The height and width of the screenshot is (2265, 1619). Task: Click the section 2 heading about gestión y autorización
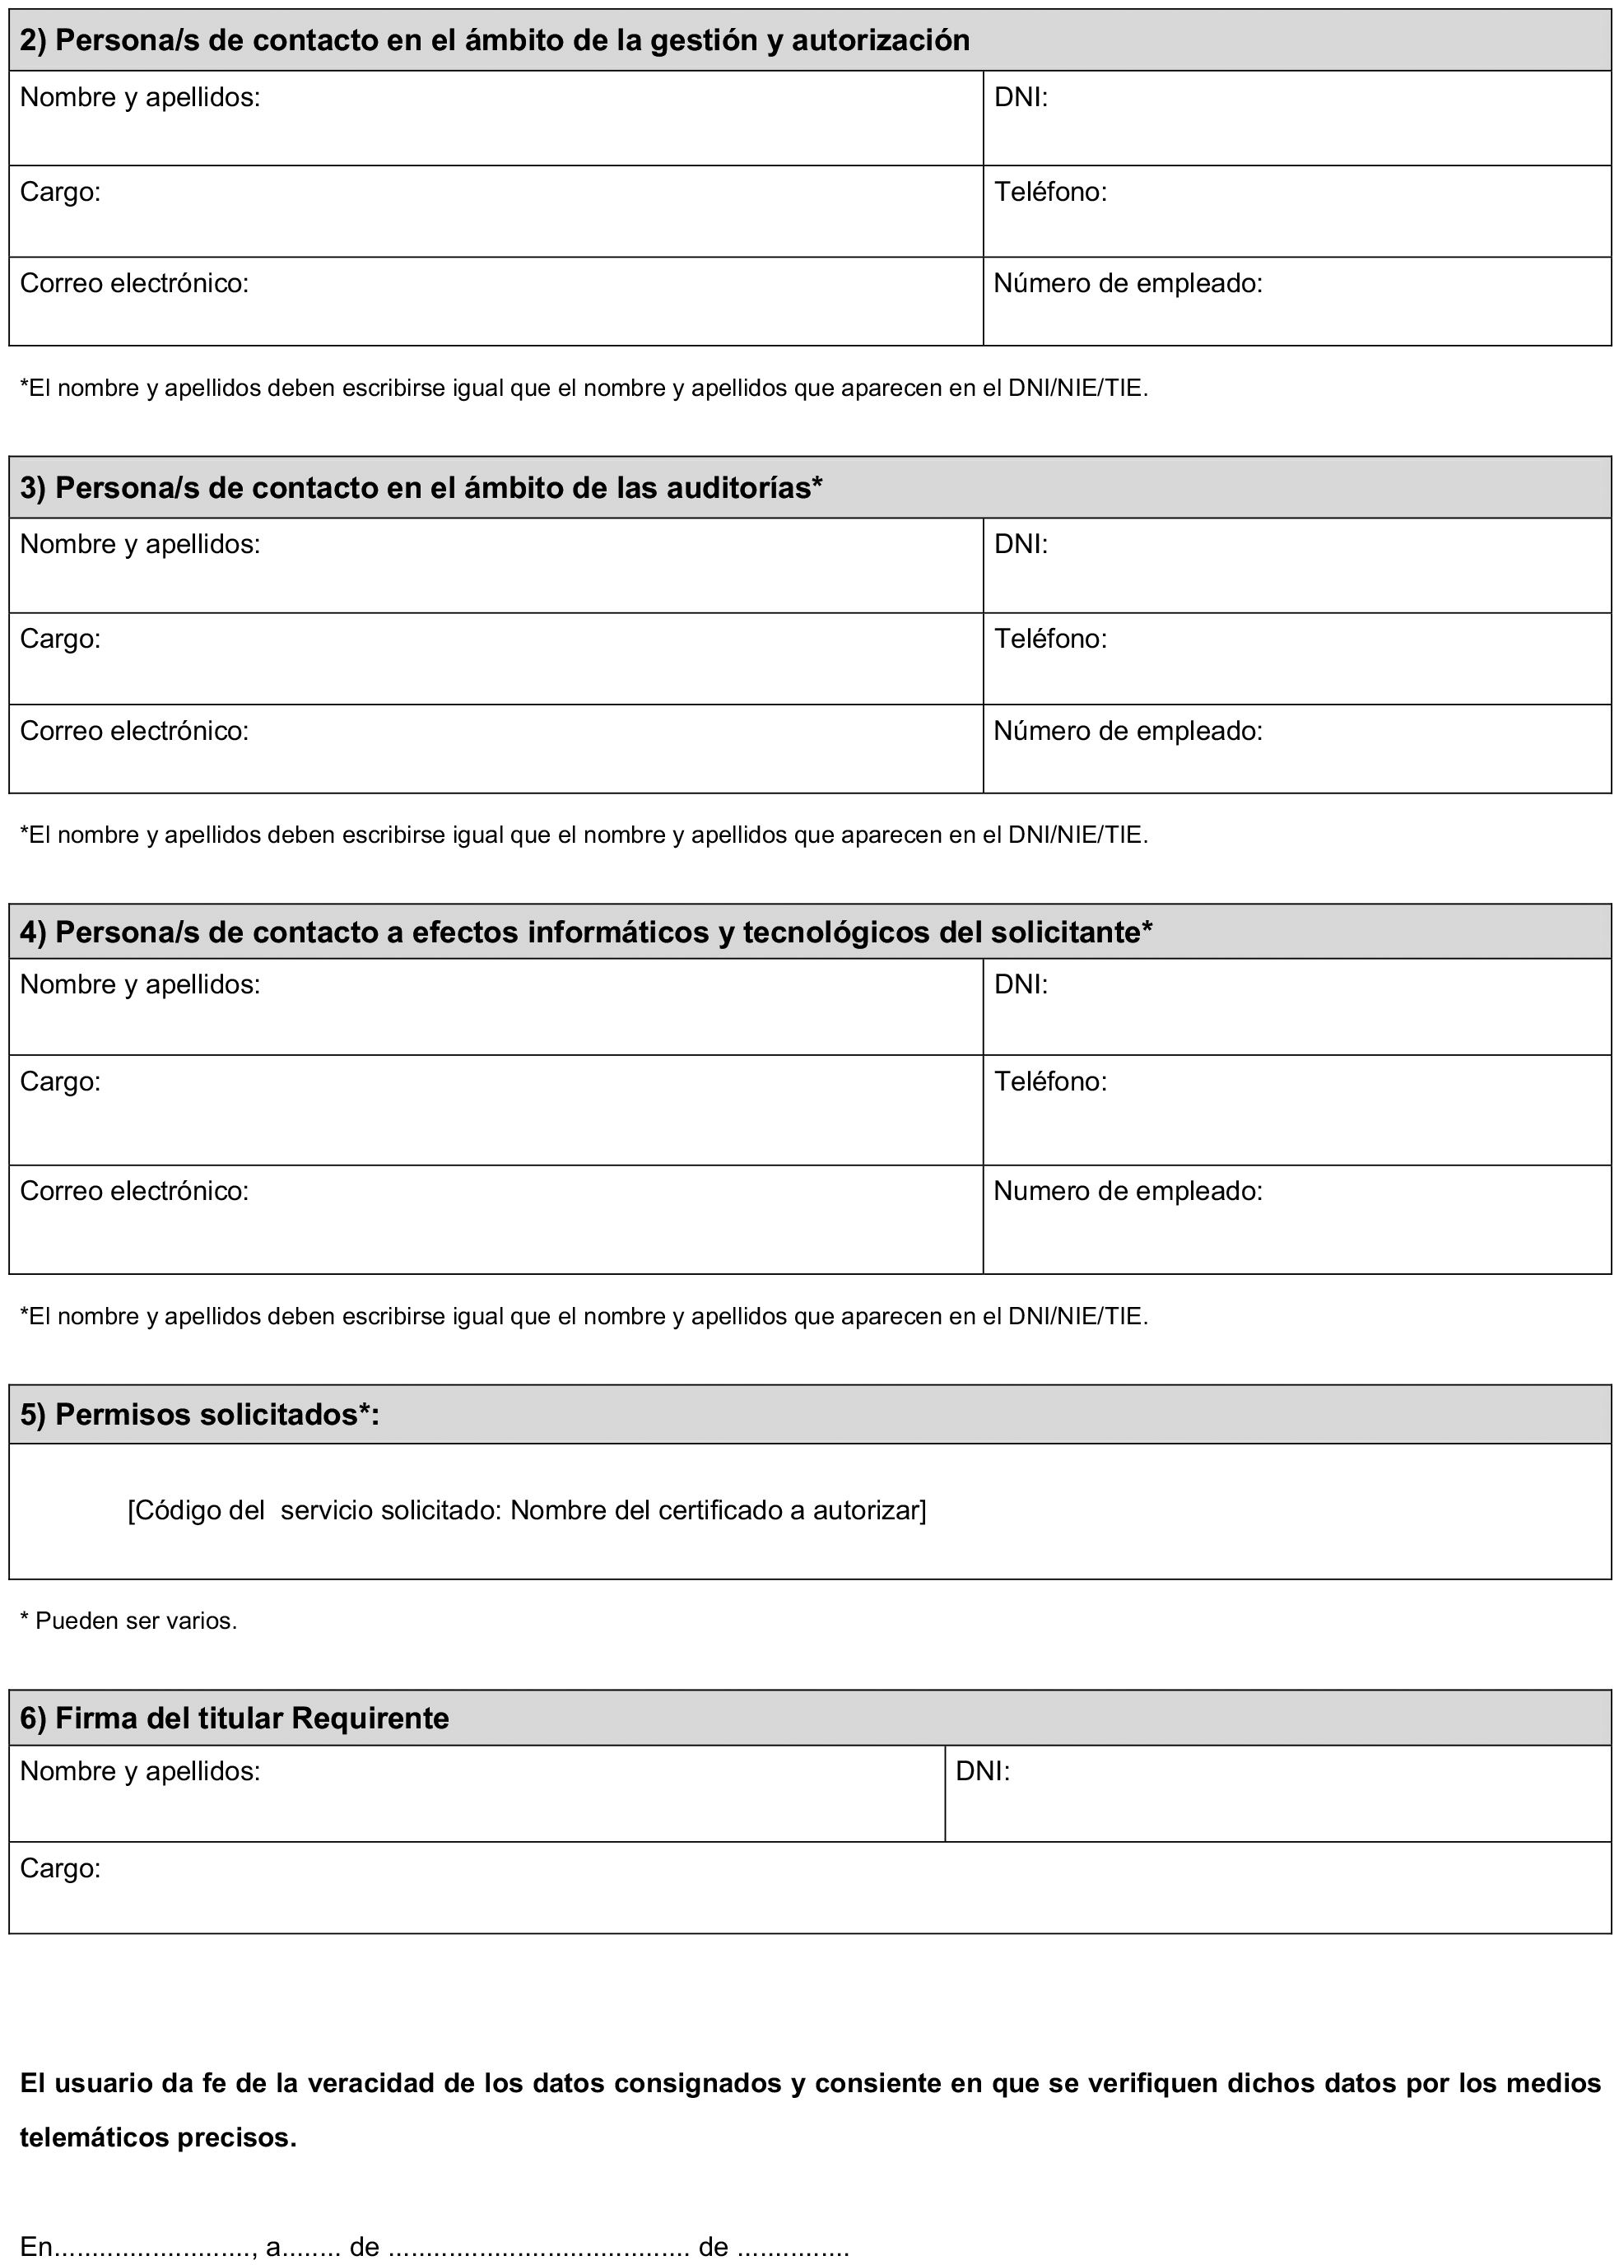[495, 40]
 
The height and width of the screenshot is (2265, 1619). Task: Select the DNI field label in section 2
[1020, 98]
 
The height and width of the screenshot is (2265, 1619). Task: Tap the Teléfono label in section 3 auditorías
[1049, 638]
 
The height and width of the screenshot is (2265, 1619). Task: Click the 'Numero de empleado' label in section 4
[1128, 1190]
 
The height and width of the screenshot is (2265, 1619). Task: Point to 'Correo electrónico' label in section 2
[133, 283]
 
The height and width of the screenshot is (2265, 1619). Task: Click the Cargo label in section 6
[60, 1867]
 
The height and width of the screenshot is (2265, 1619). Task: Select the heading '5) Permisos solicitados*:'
[199, 1414]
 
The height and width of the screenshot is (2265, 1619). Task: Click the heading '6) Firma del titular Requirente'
[235, 1717]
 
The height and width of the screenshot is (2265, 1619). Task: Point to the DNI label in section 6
[982, 1770]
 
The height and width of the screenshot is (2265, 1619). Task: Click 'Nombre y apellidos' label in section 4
[140, 984]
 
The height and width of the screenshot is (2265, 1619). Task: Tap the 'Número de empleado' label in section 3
[1128, 731]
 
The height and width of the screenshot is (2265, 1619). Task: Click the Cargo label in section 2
[60, 192]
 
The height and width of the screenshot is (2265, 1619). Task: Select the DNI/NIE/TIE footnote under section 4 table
[584, 1316]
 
